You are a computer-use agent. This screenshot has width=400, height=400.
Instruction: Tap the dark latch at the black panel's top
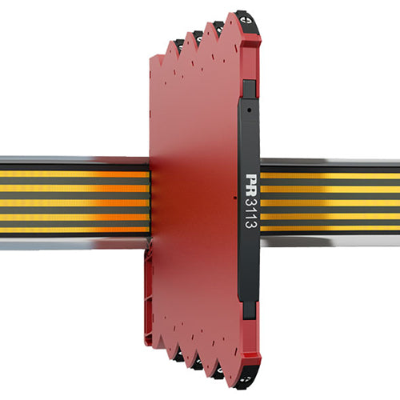click(x=249, y=88)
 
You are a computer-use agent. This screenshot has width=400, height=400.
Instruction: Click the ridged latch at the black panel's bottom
click(x=249, y=309)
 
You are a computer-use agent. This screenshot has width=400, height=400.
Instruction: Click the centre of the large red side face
click(x=196, y=200)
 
